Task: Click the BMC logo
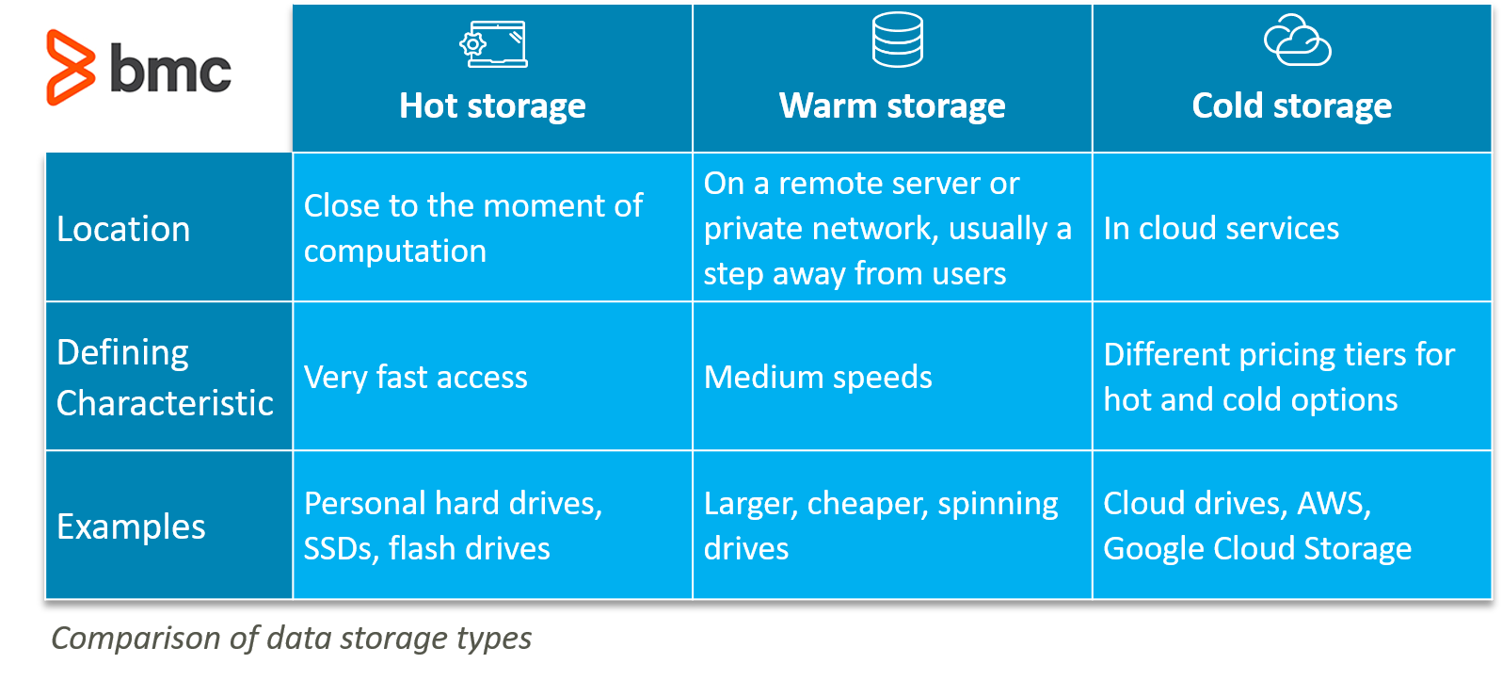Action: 138,68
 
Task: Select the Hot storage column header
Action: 492,105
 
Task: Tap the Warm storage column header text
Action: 892,105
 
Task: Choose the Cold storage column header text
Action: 1291,105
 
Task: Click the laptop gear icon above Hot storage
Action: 493,44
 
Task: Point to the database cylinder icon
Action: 897,40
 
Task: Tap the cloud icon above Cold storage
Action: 1297,40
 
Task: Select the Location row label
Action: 123,229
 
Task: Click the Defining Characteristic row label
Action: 165,378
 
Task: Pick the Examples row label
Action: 131,526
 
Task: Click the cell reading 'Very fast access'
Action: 416,378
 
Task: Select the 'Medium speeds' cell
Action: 818,378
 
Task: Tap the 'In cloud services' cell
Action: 1221,228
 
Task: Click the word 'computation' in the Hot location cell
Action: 395,251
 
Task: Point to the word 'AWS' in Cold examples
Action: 1334,504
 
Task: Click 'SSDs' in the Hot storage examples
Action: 342,549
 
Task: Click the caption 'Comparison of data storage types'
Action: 292,639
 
